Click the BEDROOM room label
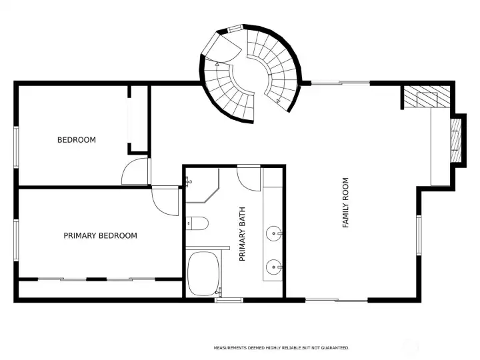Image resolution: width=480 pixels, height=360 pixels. (x=76, y=140)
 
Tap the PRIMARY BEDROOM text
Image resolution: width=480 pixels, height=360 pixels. (x=100, y=235)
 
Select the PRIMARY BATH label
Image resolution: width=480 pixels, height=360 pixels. (x=243, y=233)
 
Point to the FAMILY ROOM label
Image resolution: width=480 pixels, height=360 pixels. (x=345, y=203)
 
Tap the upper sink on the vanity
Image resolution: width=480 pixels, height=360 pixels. (x=274, y=233)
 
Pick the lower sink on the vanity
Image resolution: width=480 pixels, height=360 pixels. (x=274, y=268)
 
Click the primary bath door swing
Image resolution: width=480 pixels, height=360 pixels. (x=249, y=178)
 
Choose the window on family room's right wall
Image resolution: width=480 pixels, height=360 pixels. (x=419, y=235)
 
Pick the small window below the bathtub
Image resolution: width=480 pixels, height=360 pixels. (x=228, y=300)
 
